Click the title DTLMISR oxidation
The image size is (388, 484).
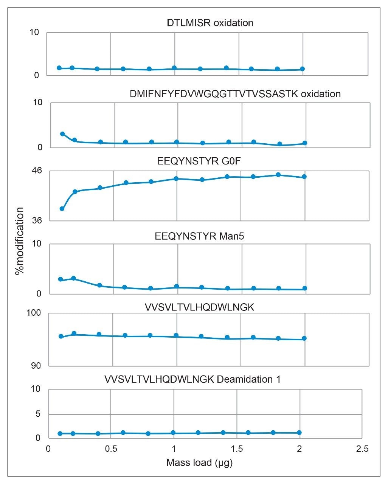(210, 23)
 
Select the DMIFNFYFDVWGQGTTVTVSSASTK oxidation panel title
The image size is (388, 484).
(235, 94)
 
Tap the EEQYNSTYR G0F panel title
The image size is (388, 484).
(199, 161)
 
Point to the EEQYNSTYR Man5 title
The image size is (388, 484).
(199, 236)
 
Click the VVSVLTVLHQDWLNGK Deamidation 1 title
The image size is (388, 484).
(192, 379)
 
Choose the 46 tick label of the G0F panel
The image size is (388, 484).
(34, 171)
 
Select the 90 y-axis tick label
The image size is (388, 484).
(34, 366)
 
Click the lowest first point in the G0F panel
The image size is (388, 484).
(62, 209)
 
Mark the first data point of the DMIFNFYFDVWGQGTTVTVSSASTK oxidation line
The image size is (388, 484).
(62, 134)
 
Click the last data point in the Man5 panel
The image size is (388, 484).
(305, 289)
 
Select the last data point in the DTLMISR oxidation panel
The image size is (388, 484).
(302, 69)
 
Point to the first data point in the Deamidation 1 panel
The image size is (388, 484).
(60, 433)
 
